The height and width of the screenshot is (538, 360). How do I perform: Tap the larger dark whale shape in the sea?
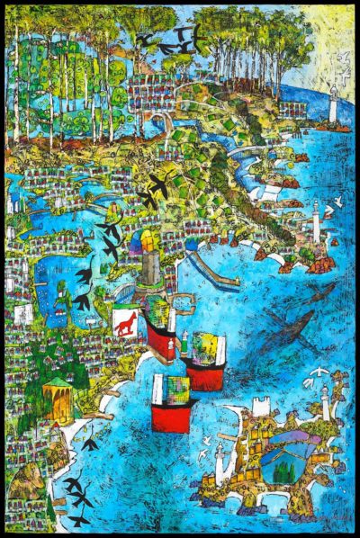tap(290, 327)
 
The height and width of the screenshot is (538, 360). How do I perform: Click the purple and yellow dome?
tap(146, 241)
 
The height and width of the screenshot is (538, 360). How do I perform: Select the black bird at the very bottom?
tap(79, 519)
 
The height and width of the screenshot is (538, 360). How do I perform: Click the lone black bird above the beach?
tap(90, 443)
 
